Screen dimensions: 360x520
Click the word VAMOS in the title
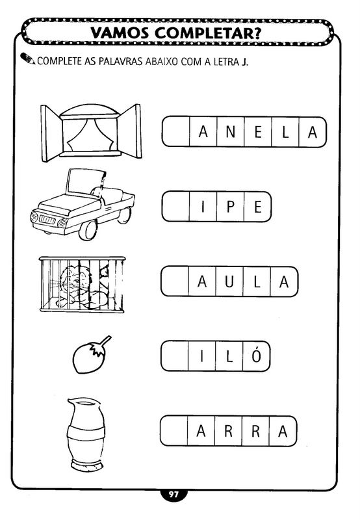coord(120,33)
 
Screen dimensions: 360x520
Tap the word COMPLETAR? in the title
coord(208,33)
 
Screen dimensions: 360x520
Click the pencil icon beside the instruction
coord(27,58)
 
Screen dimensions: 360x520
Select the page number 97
coord(174,495)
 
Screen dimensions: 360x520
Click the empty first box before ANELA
coord(176,132)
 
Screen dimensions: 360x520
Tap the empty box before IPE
coord(176,207)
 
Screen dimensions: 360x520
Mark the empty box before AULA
coord(175,281)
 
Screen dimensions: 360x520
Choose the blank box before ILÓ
coord(175,356)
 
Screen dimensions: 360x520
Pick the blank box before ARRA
coord(174,431)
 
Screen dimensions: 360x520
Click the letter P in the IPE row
coord(231,207)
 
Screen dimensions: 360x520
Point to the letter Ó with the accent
coord(256,355)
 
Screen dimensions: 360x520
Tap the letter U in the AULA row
coord(229,281)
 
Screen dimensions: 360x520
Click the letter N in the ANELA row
coord(231,132)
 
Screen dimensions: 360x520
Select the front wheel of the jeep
coord(88,229)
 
